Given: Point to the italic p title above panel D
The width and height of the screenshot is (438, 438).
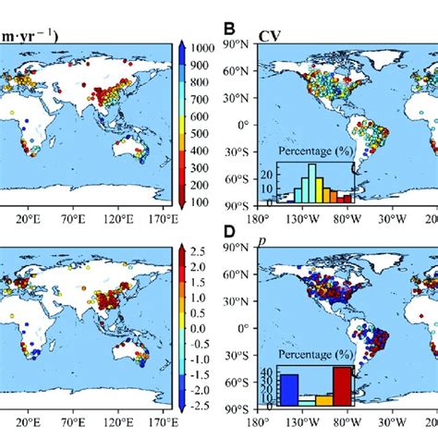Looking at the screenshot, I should click(262, 241).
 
